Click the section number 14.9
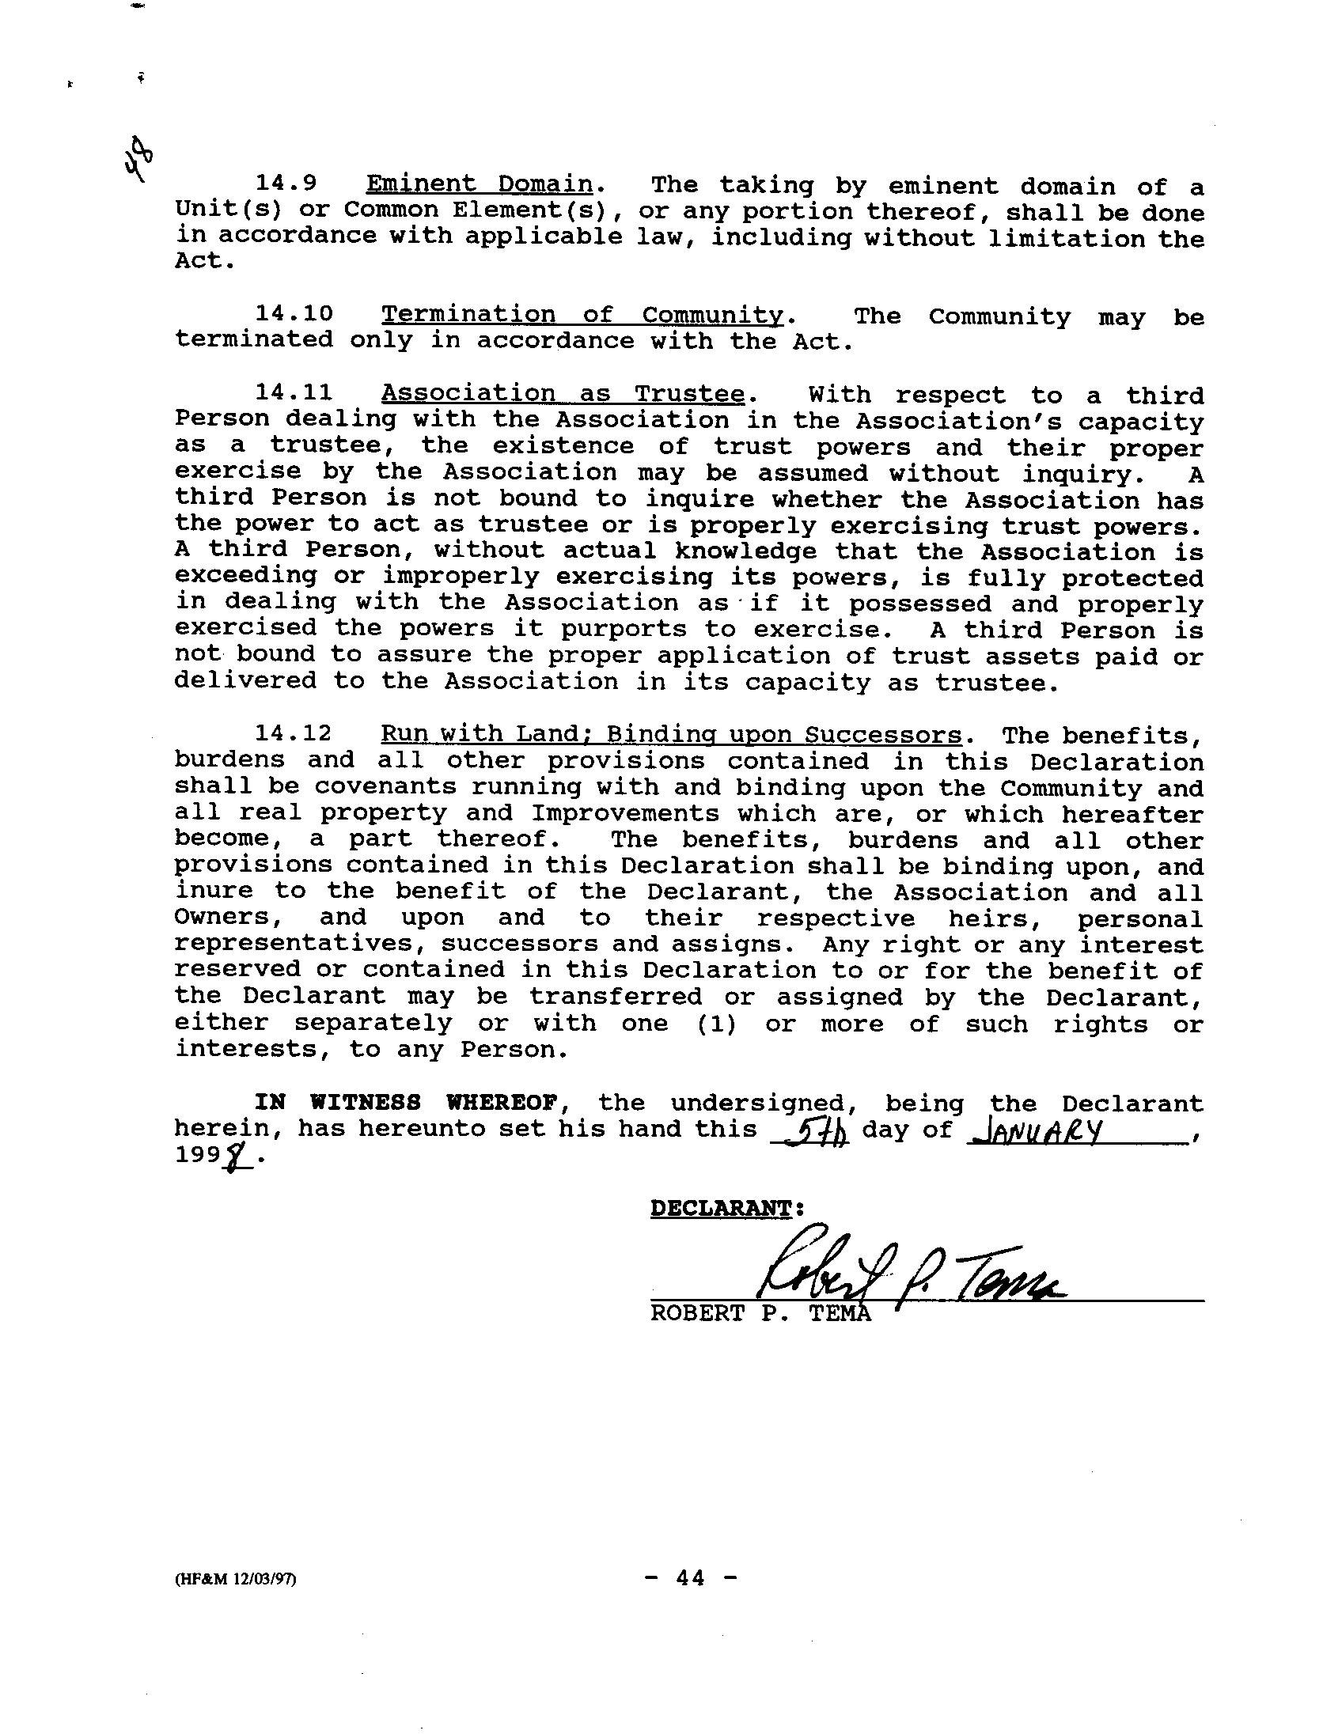point(286,184)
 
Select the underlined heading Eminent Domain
point(479,184)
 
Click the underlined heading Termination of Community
point(582,314)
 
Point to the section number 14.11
point(294,393)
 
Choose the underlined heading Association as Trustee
point(563,394)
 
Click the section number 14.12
point(294,733)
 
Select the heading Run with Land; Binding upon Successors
point(671,734)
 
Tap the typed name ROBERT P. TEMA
point(760,1314)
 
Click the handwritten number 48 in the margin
point(138,160)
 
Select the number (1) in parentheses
point(717,1024)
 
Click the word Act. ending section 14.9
point(205,261)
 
